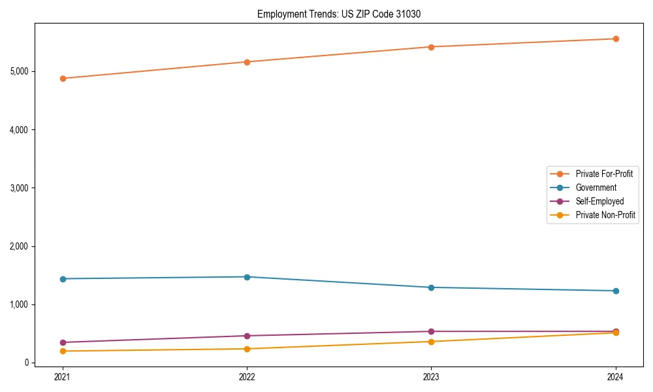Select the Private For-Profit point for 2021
pos(63,78)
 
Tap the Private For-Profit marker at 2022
pos(247,62)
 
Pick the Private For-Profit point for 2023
pos(431,47)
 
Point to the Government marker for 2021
pos(63,279)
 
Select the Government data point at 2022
pos(247,277)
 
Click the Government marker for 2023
pos(431,287)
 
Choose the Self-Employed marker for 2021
pos(63,342)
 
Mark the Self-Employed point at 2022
pos(247,336)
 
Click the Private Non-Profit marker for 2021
pos(63,351)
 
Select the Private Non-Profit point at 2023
pos(431,342)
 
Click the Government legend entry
pos(596,188)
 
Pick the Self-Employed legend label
pos(599,201)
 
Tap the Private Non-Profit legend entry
pos(605,215)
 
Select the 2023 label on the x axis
pos(431,376)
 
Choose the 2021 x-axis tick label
pos(63,376)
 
